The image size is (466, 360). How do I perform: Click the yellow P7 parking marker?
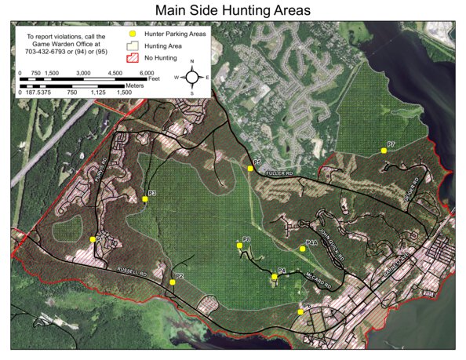coord(383,150)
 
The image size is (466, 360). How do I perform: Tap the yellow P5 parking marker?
coord(250,168)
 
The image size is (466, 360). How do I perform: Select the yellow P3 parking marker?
coord(145,199)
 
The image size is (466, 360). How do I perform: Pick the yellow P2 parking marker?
coord(172,282)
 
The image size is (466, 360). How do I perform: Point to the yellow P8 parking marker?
coord(239,245)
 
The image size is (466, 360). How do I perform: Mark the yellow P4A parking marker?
coord(302,249)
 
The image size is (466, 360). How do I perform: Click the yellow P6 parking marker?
coord(300,312)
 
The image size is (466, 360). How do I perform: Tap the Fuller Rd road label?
coord(278,173)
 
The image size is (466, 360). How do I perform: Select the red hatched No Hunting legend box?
coord(133,57)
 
